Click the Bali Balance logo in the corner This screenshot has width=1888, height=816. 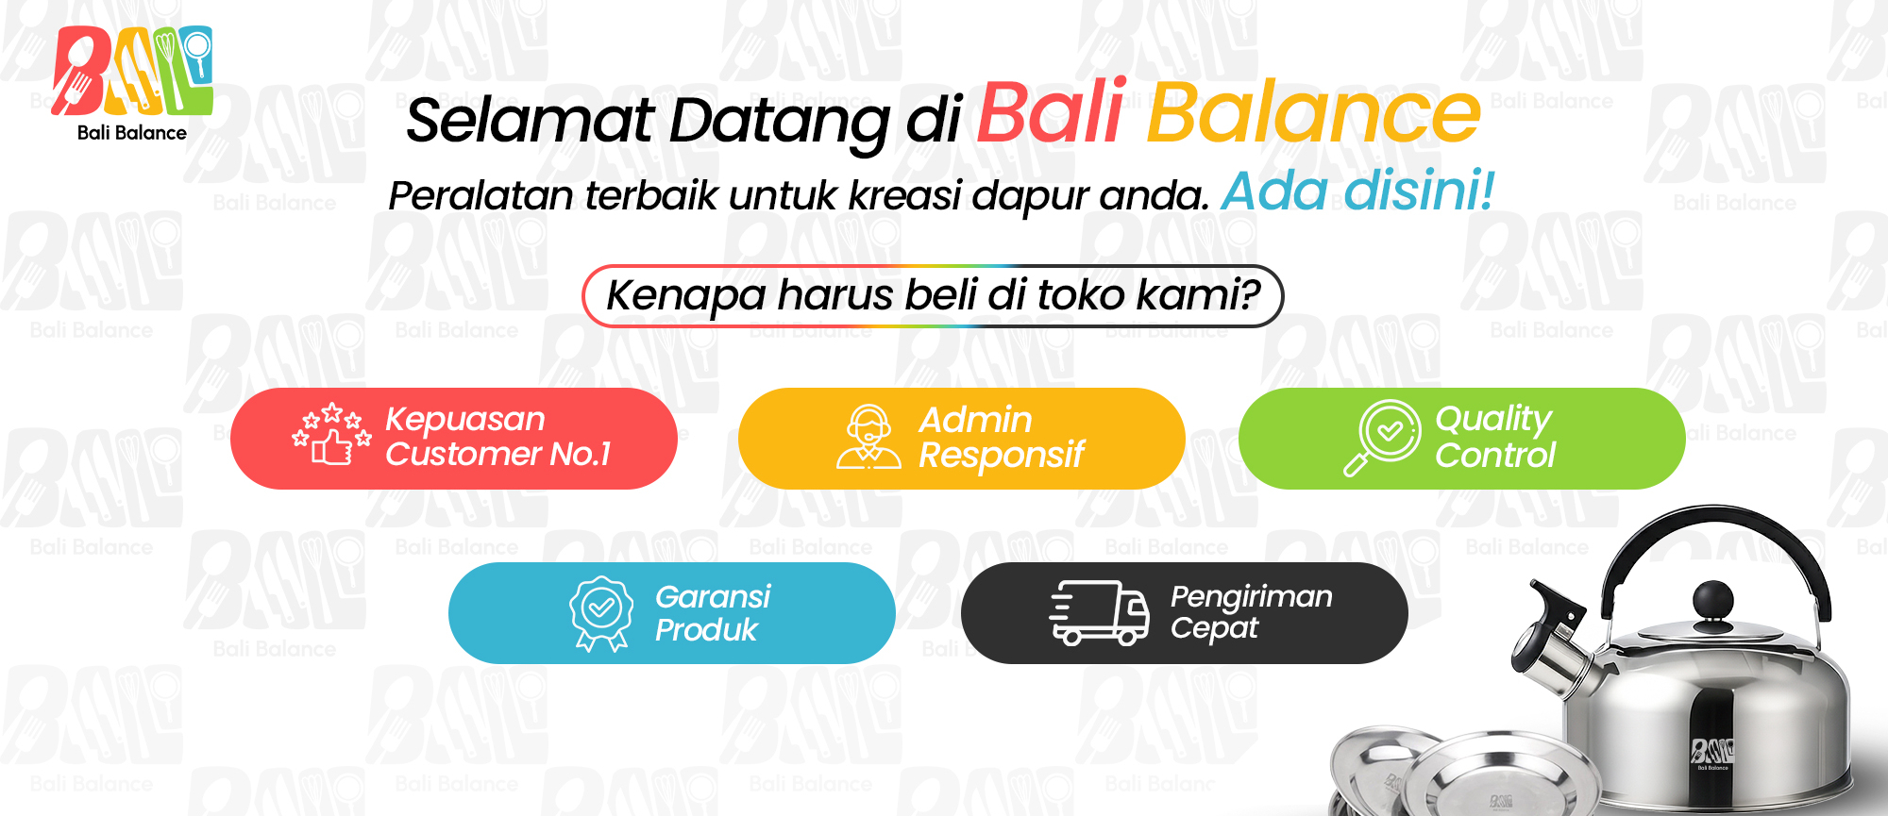click(132, 84)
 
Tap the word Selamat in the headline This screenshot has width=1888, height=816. click(530, 120)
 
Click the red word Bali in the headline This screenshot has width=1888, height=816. click(1051, 111)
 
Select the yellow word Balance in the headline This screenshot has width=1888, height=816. click(1313, 112)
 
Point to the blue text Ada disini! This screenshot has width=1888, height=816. click(1357, 191)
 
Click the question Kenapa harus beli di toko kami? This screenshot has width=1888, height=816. click(933, 295)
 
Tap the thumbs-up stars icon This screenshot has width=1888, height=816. click(331, 435)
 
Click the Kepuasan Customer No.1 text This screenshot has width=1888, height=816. click(497, 437)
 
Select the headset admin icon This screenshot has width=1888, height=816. click(868, 437)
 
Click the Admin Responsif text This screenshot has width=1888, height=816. click(1001, 438)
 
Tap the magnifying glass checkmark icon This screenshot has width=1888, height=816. click(1382, 438)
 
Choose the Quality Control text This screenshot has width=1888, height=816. click(1494, 437)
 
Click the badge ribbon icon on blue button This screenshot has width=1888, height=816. click(601, 614)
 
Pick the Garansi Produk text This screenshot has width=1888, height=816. click(713, 613)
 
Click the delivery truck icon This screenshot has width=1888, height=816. click(1099, 612)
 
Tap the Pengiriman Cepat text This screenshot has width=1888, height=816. click(1251, 612)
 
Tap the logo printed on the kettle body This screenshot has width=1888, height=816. click(1712, 754)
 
